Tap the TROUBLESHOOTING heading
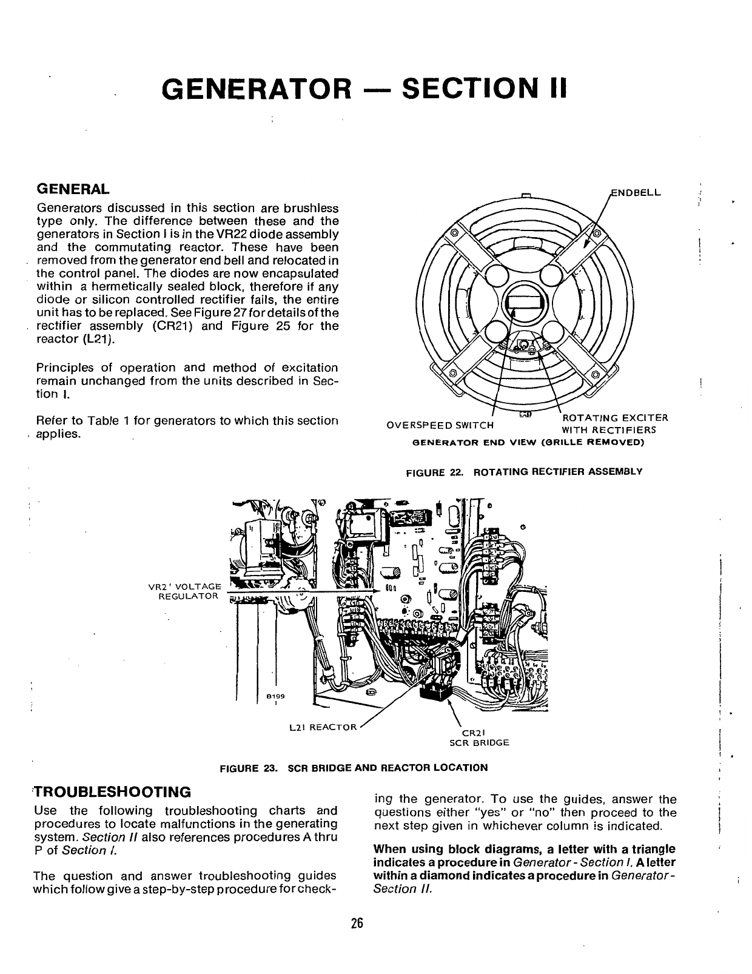pyautogui.click(x=112, y=791)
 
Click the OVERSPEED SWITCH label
pyautogui.click(x=440, y=424)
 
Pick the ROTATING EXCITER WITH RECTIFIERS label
pyautogui.click(x=614, y=424)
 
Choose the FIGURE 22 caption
pyautogui.click(x=523, y=471)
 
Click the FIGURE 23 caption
pyautogui.click(x=354, y=767)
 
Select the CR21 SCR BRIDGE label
pyautogui.click(x=478, y=737)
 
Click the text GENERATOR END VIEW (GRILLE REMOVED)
pyautogui.click(x=528, y=442)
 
